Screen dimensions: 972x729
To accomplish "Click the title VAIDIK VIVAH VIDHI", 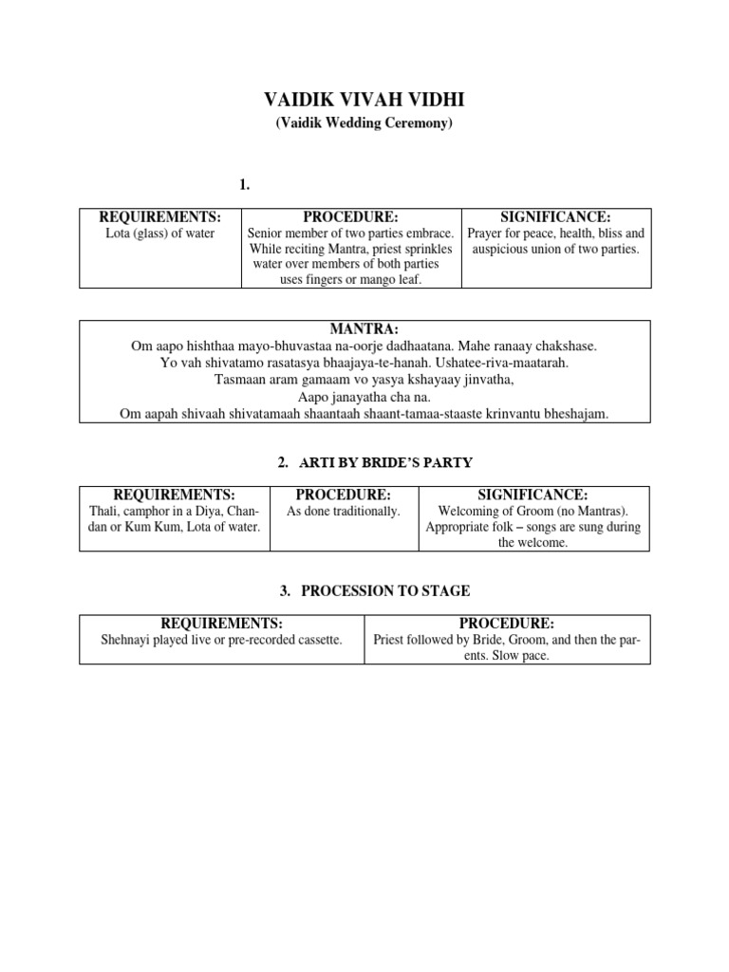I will tap(364, 102).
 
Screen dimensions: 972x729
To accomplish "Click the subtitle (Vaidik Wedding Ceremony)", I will tap(364, 124).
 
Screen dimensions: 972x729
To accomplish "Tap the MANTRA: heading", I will tap(364, 329).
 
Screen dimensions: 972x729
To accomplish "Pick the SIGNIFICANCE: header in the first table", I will tap(555, 217).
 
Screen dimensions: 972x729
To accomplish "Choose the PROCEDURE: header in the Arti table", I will tap(344, 495).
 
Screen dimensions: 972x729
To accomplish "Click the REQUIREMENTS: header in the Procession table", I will tap(221, 624).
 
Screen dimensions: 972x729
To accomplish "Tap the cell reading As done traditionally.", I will tap(344, 511).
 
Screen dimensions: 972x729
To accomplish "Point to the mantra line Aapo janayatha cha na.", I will tap(364, 398).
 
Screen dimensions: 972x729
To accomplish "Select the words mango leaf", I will tap(398, 280).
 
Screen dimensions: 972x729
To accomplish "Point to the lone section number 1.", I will tap(245, 185).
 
